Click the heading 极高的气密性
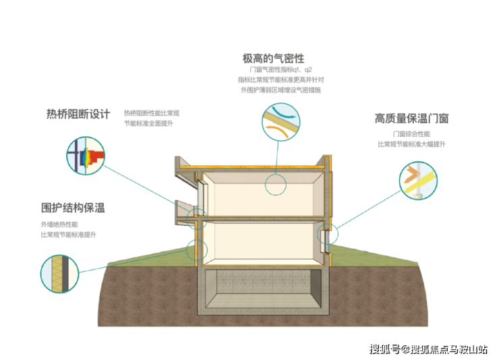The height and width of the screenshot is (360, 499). [x=273, y=59]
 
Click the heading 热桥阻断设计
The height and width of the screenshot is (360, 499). [x=78, y=114]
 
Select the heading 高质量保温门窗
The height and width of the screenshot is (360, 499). [x=412, y=119]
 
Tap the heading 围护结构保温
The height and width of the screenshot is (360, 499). [x=73, y=208]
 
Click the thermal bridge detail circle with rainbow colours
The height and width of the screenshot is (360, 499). [x=85, y=156]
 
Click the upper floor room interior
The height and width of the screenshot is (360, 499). [x=263, y=194]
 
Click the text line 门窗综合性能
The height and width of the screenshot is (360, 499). [x=411, y=134]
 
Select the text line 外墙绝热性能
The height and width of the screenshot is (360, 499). [x=59, y=224]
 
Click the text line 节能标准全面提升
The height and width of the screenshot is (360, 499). [x=148, y=123]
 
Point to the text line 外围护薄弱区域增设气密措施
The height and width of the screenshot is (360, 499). [x=281, y=90]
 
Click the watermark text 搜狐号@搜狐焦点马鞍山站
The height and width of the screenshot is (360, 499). [x=428, y=349]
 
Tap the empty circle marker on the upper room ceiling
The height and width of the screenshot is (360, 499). [x=276, y=174]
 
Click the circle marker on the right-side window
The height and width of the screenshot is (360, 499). [x=328, y=224]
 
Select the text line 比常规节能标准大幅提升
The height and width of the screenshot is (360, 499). [x=411, y=144]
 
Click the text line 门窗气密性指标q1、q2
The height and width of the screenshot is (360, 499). [x=281, y=69]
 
